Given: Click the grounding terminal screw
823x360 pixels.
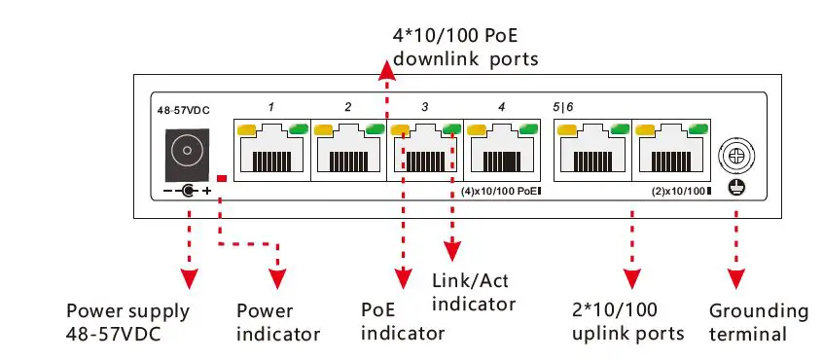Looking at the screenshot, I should point(736,154).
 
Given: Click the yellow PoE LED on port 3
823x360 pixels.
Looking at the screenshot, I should point(400,128).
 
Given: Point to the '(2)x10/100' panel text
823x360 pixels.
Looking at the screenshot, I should point(681,191).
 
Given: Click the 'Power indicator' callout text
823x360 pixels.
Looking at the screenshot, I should point(278,323).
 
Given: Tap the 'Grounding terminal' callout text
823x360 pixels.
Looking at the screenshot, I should point(759,323).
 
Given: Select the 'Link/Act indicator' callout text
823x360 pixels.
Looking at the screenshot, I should point(473,292).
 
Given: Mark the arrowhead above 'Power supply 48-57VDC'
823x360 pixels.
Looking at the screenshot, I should point(190,278).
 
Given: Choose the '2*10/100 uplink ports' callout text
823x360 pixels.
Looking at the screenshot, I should point(628,322).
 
